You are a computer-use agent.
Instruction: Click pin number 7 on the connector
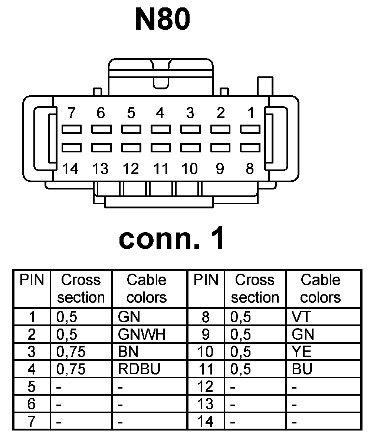click(71, 113)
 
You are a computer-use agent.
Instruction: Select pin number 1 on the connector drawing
click(251, 113)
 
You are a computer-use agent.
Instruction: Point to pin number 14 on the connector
click(70, 169)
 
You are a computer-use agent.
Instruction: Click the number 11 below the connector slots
click(160, 169)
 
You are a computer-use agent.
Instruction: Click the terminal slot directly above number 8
click(250, 148)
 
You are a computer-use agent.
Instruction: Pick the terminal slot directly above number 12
click(131, 148)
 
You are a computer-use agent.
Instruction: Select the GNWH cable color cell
click(141, 334)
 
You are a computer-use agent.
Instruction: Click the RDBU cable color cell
click(139, 369)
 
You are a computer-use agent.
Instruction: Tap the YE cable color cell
click(302, 352)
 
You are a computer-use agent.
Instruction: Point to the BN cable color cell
click(128, 352)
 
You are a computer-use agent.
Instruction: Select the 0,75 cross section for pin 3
click(71, 352)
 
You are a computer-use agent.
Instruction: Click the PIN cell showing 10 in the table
click(206, 352)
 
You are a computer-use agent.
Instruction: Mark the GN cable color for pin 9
click(303, 334)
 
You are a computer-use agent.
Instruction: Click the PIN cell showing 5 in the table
click(32, 386)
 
